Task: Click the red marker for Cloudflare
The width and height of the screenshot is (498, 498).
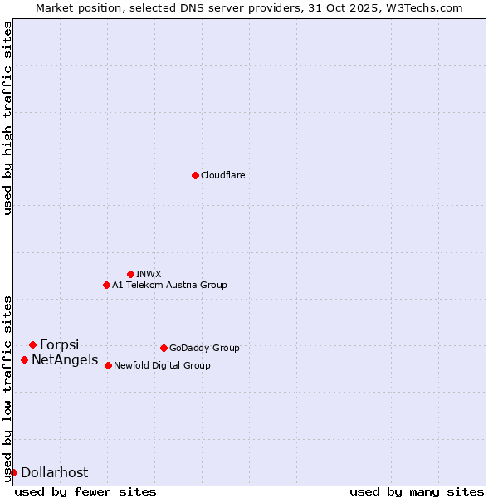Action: (x=195, y=175)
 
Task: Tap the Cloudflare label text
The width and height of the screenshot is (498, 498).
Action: (x=222, y=175)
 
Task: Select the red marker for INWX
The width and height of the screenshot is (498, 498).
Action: (x=130, y=274)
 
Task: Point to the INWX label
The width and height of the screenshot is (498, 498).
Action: (x=149, y=274)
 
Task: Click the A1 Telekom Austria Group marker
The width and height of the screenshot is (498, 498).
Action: (x=106, y=285)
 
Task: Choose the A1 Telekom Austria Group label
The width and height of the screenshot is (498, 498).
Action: (x=169, y=285)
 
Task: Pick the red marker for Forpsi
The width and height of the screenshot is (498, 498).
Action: (x=32, y=344)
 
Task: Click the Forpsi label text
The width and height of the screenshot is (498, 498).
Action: (x=59, y=344)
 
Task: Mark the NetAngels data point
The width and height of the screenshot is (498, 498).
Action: (x=24, y=359)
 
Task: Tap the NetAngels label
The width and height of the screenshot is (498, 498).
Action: (x=64, y=359)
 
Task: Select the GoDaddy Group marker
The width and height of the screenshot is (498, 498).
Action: (x=164, y=348)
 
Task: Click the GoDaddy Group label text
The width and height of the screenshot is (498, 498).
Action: (x=204, y=348)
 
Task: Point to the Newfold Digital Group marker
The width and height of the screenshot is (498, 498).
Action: (x=108, y=365)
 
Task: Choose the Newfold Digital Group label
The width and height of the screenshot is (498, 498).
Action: (x=162, y=365)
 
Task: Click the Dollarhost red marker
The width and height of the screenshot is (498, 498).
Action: (x=13, y=472)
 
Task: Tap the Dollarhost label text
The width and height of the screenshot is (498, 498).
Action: (x=54, y=472)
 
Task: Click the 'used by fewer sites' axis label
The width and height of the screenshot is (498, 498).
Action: (x=85, y=491)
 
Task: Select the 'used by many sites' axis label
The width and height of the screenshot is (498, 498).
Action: (x=417, y=491)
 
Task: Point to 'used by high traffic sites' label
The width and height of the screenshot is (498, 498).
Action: (x=7, y=118)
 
